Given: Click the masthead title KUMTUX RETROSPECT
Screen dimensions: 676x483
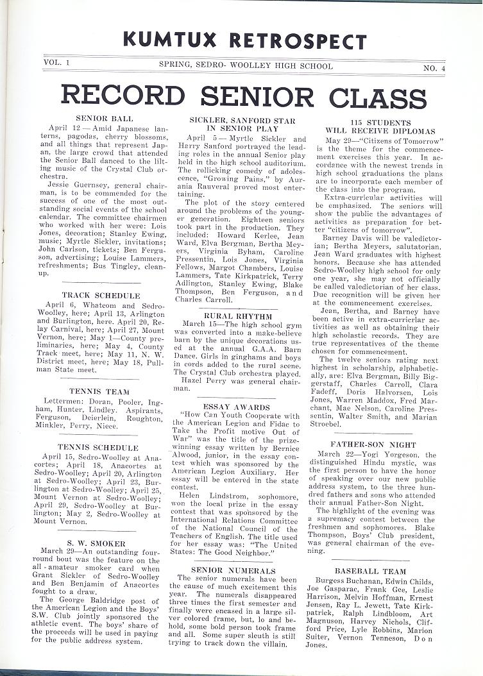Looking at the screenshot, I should [x=244, y=40].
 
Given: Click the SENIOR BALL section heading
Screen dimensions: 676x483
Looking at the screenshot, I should [x=105, y=119].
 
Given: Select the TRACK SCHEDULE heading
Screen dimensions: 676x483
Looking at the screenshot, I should [x=101, y=296].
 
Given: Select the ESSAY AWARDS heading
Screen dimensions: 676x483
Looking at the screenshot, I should [x=238, y=407].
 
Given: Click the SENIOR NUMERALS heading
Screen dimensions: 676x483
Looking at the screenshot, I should [x=233, y=570].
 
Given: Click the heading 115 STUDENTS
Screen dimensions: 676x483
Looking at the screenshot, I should [x=380, y=122].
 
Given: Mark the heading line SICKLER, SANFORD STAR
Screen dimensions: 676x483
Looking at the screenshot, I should [x=242, y=121].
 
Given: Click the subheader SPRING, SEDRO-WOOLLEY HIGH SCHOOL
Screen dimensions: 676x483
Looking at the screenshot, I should [x=246, y=66].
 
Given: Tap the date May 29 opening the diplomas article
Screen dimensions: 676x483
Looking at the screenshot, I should [x=340, y=140].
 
